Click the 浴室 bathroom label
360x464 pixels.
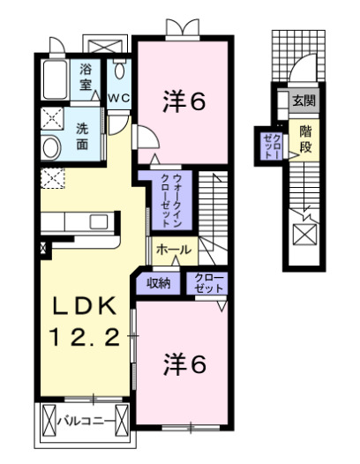pyautogui.click(x=86, y=77)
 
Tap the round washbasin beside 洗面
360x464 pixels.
pyautogui.click(x=50, y=146)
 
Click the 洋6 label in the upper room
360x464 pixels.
pyautogui.click(x=184, y=102)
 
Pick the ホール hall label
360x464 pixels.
pyautogui.click(x=173, y=251)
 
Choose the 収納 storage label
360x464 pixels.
pyautogui.click(x=158, y=283)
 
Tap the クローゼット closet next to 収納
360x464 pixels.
pyautogui.click(x=208, y=283)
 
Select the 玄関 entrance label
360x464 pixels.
pyautogui.click(x=304, y=101)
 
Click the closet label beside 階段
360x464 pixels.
pyautogui.click(x=271, y=144)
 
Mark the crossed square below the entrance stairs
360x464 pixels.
pyautogui.click(x=304, y=235)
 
